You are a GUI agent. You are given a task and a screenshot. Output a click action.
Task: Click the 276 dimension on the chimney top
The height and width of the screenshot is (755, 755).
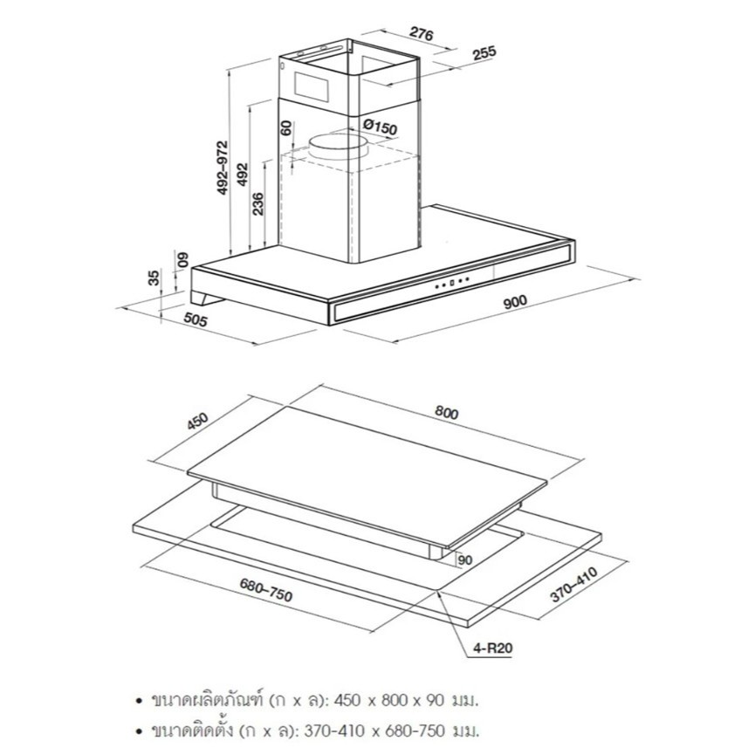click(x=422, y=33)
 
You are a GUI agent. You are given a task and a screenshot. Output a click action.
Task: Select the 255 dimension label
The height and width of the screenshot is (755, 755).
click(x=484, y=52)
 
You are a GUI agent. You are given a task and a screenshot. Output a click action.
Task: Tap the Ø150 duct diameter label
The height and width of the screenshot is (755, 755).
click(x=381, y=127)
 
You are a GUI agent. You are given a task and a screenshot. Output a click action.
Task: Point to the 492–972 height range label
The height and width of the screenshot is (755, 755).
click(x=223, y=168)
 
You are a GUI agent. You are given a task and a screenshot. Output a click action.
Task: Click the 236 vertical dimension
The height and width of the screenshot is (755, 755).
click(x=258, y=203)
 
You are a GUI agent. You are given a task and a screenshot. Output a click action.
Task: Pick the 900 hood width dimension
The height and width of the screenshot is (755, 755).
click(x=515, y=301)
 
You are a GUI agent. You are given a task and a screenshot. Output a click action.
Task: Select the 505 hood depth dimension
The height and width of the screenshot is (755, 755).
click(x=196, y=319)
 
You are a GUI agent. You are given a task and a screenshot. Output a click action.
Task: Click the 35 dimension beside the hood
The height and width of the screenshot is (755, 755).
click(x=153, y=278)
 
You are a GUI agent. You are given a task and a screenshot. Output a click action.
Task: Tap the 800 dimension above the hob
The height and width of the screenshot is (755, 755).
click(x=446, y=413)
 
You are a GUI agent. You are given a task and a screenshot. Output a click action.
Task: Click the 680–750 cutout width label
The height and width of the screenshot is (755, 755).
click(x=266, y=590)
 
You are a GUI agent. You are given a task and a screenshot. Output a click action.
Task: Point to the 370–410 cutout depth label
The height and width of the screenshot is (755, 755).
click(x=574, y=584)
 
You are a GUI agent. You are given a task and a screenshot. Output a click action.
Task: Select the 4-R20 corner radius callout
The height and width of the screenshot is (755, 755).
click(x=492, y=648)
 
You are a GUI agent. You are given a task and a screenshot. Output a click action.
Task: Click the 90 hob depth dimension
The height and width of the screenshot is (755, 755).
click(x=465, y=560)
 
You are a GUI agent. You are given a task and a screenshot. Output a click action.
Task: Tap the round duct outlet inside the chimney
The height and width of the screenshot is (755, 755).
click(x=338, y=147)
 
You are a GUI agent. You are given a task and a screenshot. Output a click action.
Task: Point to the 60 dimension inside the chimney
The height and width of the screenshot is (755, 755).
click(x=286, y=127)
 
